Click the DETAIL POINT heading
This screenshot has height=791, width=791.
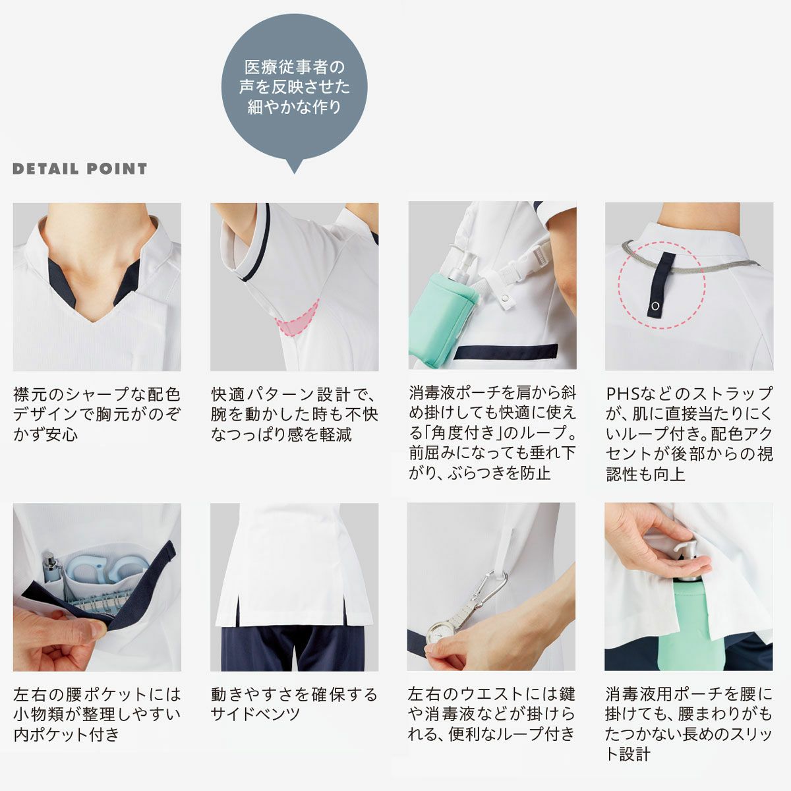(x=80, y=169)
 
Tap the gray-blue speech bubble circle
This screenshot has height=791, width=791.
(x=294, y=87)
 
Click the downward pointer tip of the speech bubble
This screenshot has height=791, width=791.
(x=294, y=173)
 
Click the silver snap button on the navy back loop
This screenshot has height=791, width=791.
(x=654, y=306)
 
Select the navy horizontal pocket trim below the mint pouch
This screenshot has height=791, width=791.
(x=507, y=351)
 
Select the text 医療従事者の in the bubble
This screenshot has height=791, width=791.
(x=294, y=67)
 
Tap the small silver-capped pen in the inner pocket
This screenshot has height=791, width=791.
(x=51, y=568)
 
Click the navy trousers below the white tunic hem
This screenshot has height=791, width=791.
(x=293, y=649)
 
